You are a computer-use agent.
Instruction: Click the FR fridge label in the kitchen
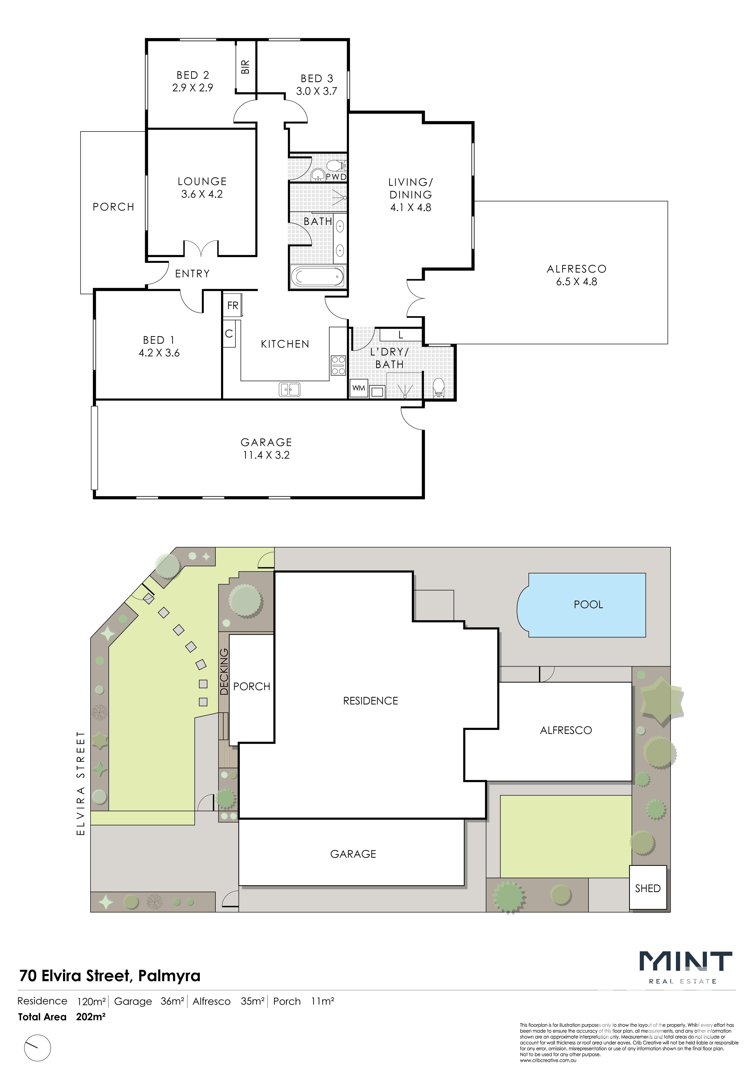pyautogui.click(x=233, y=306)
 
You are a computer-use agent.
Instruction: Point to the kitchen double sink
pyautogui.click(x=290, y=389)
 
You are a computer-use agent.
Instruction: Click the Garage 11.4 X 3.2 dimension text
pyautogui.click(x=266, y=455)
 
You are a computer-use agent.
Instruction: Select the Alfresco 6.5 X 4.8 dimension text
pyautogui.click(x=576, y=282)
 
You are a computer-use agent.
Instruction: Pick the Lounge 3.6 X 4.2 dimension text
pyautogui.click(x=202, y=194)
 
